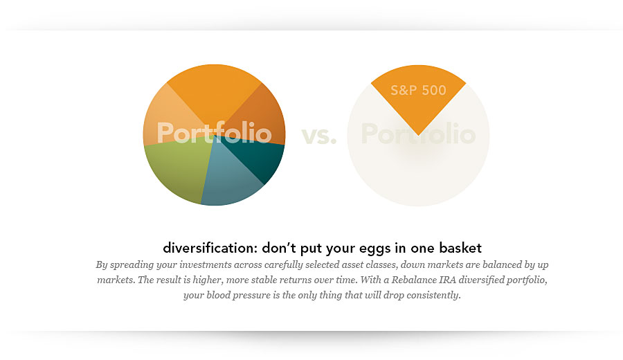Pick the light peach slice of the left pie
(x=166, y=111)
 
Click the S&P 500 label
(x=418, y=91)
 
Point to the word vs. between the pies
(x=318, y=135)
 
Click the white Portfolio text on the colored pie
(x=214, y=132)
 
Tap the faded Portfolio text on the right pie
(x=418, y=134)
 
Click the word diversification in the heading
(x=206, y=248)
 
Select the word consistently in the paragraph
(x=433, y=296)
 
